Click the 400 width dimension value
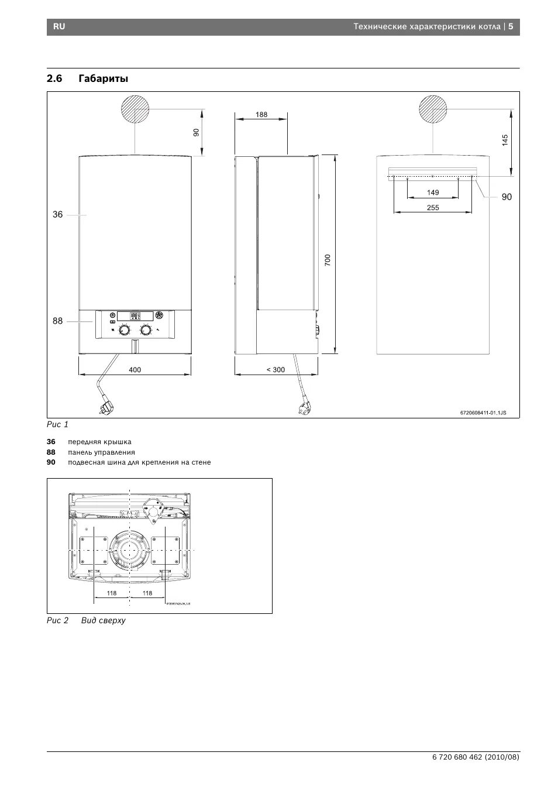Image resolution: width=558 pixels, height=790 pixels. tap(135, 370)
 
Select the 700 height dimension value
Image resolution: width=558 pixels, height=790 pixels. tap(328, 260)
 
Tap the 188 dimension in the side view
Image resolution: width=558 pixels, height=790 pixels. tap(261, 115)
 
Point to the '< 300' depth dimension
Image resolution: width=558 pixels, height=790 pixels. tap(275, 370)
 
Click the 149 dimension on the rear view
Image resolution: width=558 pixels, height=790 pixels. tap(433, 193)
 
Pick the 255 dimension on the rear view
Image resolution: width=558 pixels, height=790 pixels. tap(433, 208)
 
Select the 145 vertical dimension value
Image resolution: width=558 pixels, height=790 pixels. tap(505, 140)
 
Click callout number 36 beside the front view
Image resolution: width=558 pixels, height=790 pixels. tap(57, 215)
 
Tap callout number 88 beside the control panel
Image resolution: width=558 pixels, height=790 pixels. tap(57, 321)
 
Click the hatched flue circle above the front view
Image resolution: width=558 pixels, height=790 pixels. tap(135, 109)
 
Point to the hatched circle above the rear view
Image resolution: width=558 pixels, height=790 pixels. tap(433, 109)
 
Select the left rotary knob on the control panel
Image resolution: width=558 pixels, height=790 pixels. tap(125, 331)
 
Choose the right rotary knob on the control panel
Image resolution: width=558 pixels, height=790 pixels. tap(146, 331)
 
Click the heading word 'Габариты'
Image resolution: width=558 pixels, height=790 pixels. tap(103, 78)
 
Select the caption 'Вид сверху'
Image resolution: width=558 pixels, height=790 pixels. tap(104, 620)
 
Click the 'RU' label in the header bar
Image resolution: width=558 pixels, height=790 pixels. tap(59, 27)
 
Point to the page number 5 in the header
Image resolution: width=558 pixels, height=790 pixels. tap(510, 27)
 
